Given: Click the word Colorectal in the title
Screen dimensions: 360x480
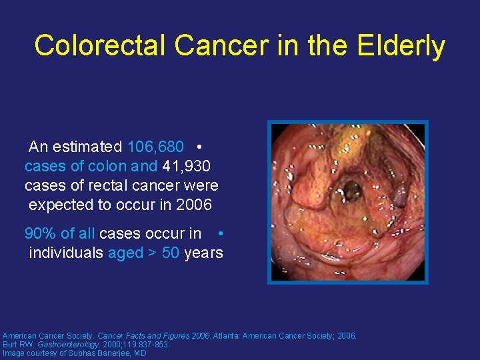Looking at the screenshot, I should point(101,46).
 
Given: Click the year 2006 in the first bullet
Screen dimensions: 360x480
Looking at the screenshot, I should point(194,205).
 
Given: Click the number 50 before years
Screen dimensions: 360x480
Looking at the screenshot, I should point(171,253).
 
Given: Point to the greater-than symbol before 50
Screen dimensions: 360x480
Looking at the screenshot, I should point(153,253).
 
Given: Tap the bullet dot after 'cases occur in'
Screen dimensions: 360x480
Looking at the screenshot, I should point(220,233).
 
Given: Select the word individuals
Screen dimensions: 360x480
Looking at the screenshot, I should point(66,253).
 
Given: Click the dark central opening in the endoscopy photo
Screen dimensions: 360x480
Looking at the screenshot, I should point(349,192).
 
